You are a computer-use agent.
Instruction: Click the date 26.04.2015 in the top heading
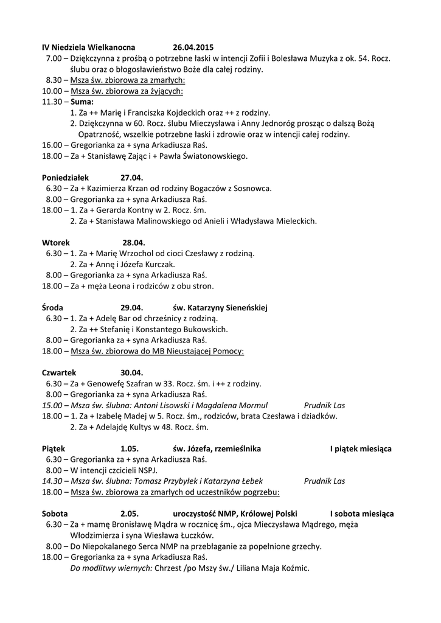193,47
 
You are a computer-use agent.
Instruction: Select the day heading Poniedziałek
66,177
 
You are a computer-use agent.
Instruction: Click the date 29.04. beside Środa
131,307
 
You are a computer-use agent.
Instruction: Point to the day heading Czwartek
60,372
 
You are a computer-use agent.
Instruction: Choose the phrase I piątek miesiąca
361,448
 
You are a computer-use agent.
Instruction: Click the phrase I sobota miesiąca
362,513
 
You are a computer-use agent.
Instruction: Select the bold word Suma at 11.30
82,102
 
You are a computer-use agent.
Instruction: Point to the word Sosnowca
254,188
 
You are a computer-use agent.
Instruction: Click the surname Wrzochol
146,253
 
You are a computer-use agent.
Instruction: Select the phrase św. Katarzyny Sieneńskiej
220,307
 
